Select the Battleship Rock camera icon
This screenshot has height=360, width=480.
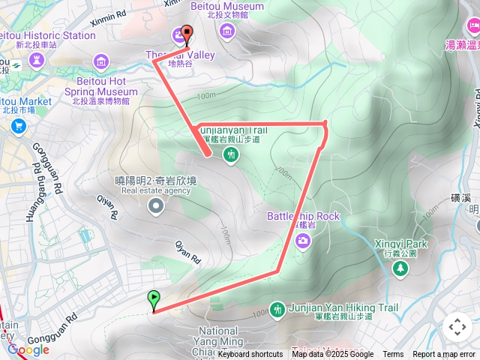pos(303,240)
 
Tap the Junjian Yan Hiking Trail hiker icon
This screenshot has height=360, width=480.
pos(277,310)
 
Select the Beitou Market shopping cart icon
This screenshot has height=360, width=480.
pos(16,125)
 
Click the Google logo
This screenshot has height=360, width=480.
pos(28,349)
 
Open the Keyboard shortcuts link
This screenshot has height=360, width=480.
pos(250,355)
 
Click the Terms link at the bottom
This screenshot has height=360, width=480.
pos(393,355)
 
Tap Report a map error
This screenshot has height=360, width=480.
pos(444,355)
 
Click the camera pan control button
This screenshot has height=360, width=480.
pos(457,327)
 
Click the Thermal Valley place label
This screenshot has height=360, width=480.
pos(180,55)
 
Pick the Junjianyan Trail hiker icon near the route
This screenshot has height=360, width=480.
pos(231,154)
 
